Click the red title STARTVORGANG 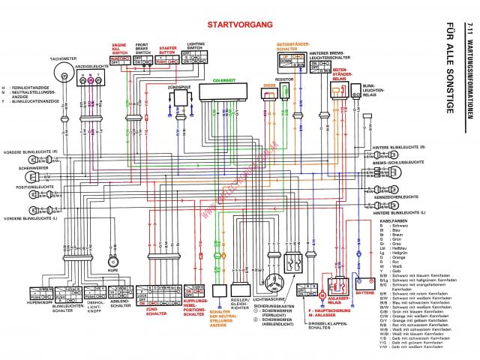(x=239, y=25)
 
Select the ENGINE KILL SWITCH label (x=120, y=49)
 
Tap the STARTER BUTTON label (x=166, y=49)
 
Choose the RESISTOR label (x=283, y=78)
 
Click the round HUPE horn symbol (x=112, y=260)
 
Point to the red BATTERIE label (x=365, y=292)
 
